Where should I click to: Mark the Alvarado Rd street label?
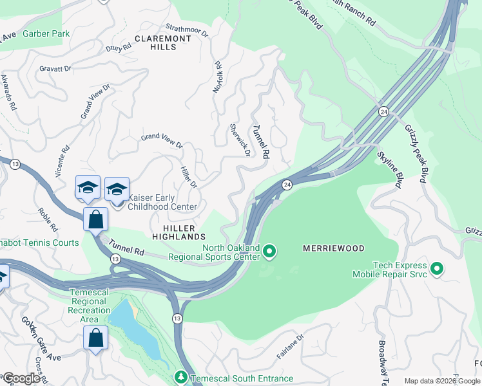[x=8, y=92]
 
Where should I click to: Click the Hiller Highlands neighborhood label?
[x=179, y=232]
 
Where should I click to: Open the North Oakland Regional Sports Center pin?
[x=269, y=252]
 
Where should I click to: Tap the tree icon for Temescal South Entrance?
[x=182, y=377]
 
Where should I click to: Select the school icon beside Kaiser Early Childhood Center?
[x=117, y=189]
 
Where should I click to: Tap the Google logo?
[x=21, y=378]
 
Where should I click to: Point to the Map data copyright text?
[x=441, y=381]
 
